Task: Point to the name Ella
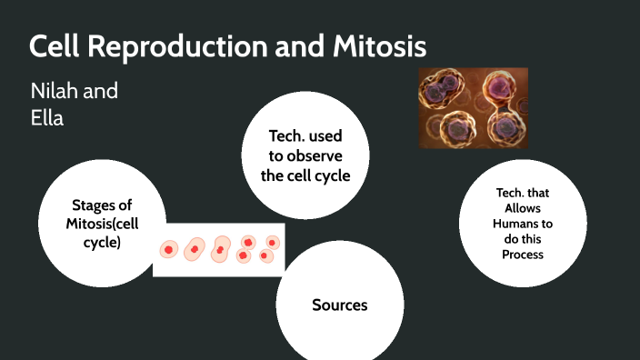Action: [47, 117]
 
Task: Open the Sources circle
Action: [339, 305]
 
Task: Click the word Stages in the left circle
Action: [95, 205]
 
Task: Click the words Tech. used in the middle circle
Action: [305, 136]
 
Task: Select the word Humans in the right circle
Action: [523, 223]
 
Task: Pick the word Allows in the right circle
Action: [523, 208]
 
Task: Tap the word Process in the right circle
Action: [523, 254]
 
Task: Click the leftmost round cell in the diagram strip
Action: [169, 249]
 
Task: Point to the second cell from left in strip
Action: [194, 248]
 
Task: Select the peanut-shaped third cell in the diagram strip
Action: [220, 249]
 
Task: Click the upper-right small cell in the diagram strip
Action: [271, 242]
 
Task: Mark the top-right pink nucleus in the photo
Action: [499, 87]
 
